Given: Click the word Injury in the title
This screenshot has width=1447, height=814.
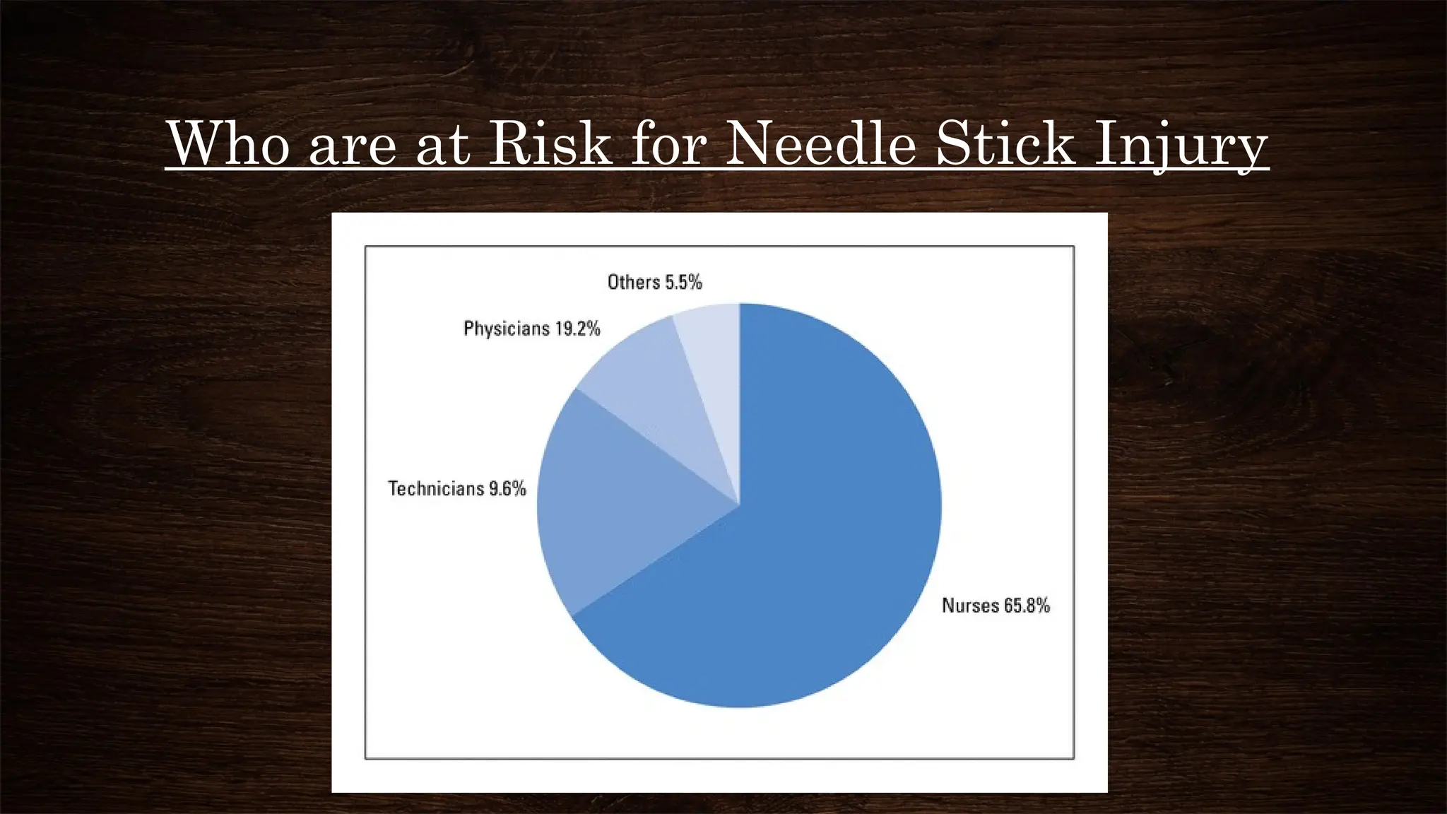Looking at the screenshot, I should click(x=1180, y=146).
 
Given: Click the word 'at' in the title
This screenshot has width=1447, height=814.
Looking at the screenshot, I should click(x=443, y=145).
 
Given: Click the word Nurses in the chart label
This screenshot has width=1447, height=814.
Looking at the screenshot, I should click(x=970, y=606).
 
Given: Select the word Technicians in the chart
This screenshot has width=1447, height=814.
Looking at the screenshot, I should click(x=435, y=489).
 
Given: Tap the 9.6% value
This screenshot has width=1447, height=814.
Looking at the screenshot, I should click(x=508, y=489).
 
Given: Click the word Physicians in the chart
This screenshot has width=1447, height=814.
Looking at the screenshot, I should click(x=506, y=329).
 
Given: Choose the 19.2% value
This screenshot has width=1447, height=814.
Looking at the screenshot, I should click(x=578, y=329).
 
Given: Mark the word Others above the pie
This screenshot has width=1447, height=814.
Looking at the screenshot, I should click(x=633, y=283).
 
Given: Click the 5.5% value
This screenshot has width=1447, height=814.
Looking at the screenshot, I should click(x=684, y=283).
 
